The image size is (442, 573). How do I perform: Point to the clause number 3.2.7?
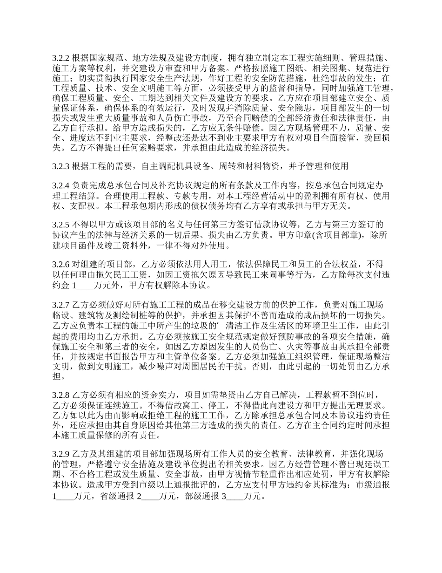click(60, 305)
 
